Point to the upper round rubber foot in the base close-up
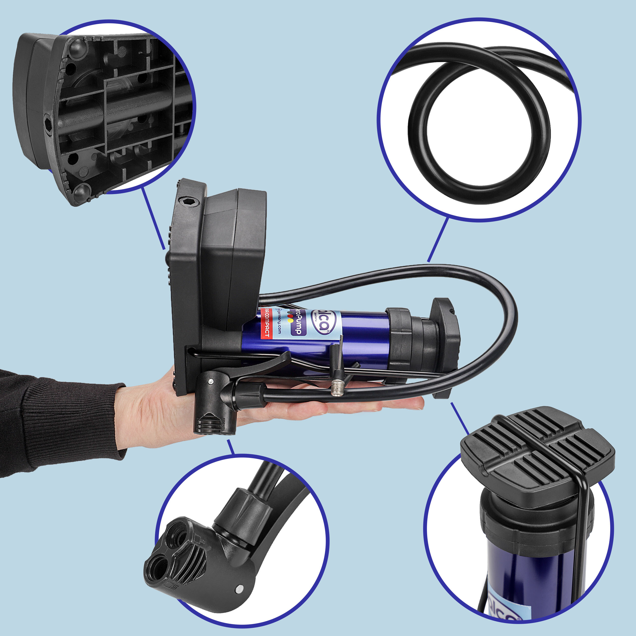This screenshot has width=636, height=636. (77, 49)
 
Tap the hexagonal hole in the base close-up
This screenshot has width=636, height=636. (48, 124)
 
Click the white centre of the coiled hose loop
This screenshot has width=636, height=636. (479, 135)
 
